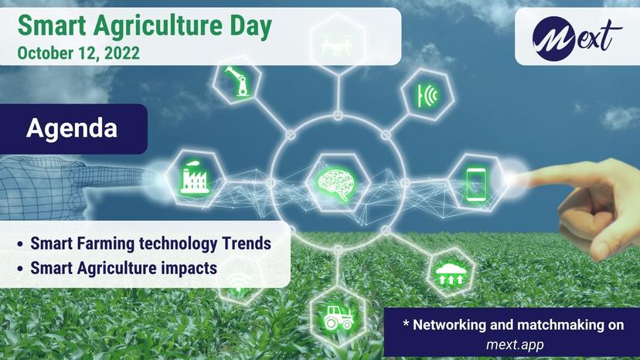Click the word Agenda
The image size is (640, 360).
pyautogui.click(x=72, y=128)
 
